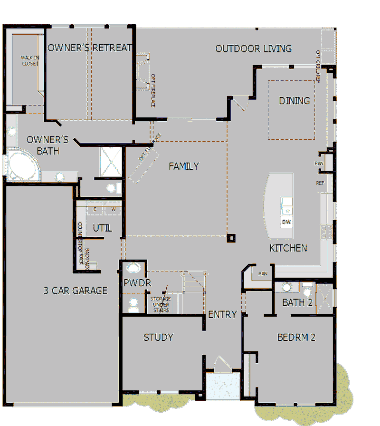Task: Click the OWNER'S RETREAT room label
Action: tap(89, 48)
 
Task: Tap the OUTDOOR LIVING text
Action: tap(253, 48)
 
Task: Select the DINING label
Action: tap(294, 101)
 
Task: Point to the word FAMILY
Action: tap(183, 166)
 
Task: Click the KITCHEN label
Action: tap(288, 248)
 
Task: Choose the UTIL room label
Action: tap(102, 228)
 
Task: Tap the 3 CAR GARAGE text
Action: tap(76, 290)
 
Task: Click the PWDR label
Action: tap(137, 283)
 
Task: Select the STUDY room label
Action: tap(158, 338)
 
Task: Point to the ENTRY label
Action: tap(222, 314)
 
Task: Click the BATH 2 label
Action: tap(297, 302)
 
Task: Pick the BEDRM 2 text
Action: tap(296, 338)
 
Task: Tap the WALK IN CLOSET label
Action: tap(30, 61)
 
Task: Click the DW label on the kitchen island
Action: tap(286, 222)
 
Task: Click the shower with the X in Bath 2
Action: tap(326, 296)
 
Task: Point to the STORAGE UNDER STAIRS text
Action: tap(160, 305)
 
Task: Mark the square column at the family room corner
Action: tap(231, 237)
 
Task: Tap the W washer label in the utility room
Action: tap(114, 209)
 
